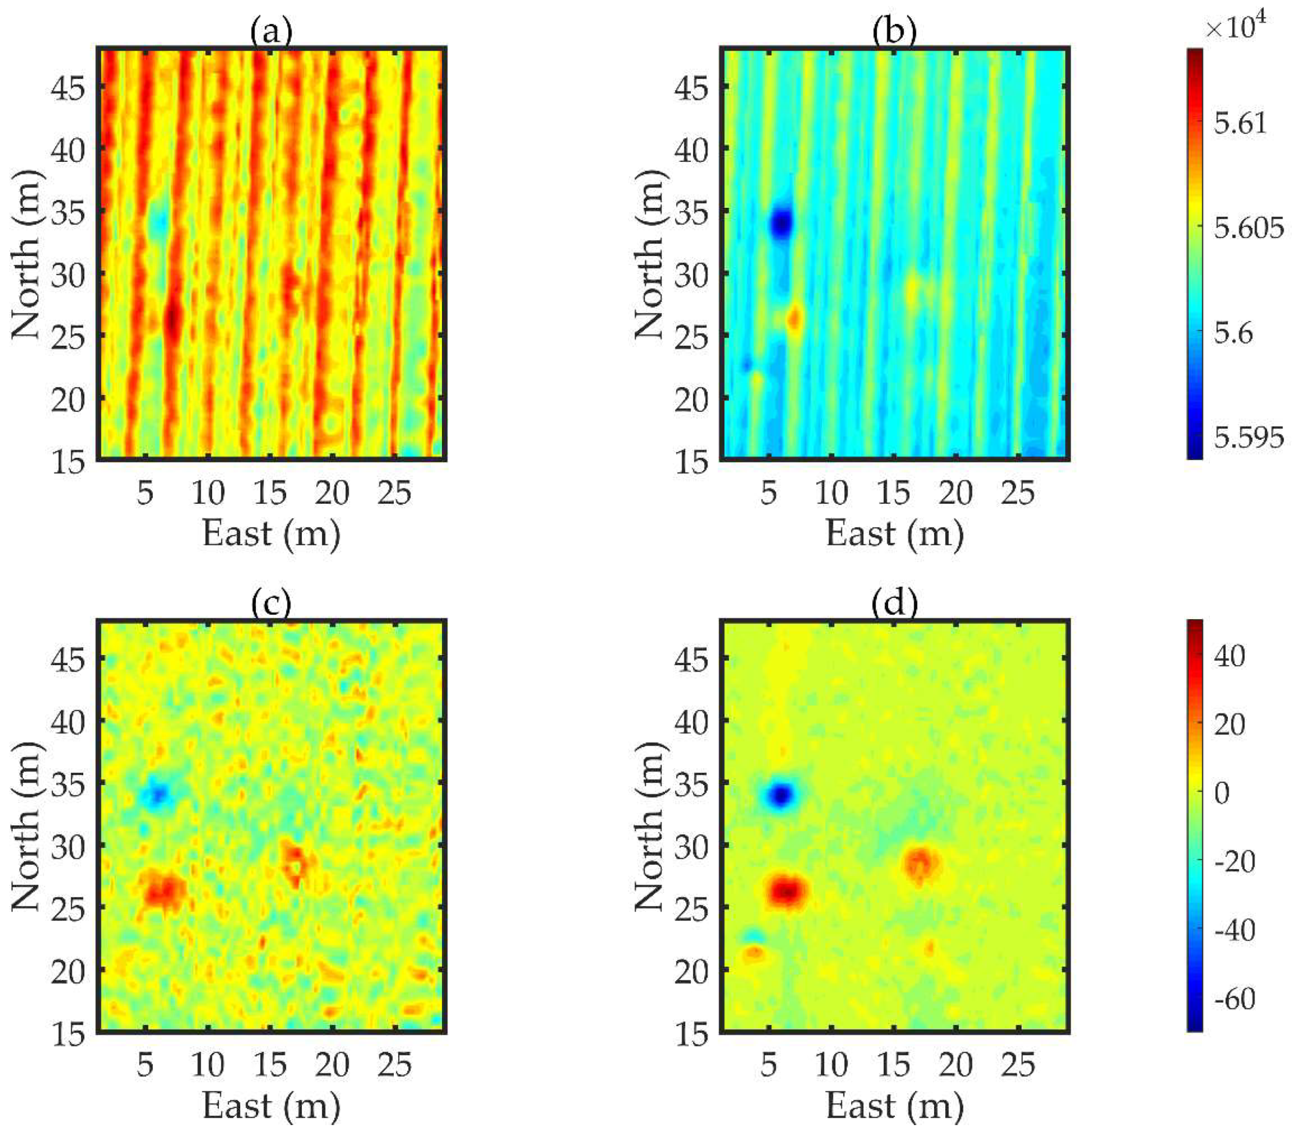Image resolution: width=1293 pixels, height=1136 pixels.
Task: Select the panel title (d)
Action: coord(894,604)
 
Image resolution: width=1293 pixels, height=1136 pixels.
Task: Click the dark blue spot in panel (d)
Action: coord(781,795)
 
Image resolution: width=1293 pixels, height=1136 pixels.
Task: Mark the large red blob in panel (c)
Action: coord(163,890)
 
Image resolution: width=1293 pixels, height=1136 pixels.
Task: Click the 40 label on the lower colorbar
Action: coord(1230,656)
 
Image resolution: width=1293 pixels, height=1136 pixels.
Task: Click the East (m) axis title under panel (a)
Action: coord(271,533)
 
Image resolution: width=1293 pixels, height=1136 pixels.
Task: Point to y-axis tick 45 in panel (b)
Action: coord(691,88)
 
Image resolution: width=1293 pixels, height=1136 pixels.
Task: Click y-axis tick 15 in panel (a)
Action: coord(68,462)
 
